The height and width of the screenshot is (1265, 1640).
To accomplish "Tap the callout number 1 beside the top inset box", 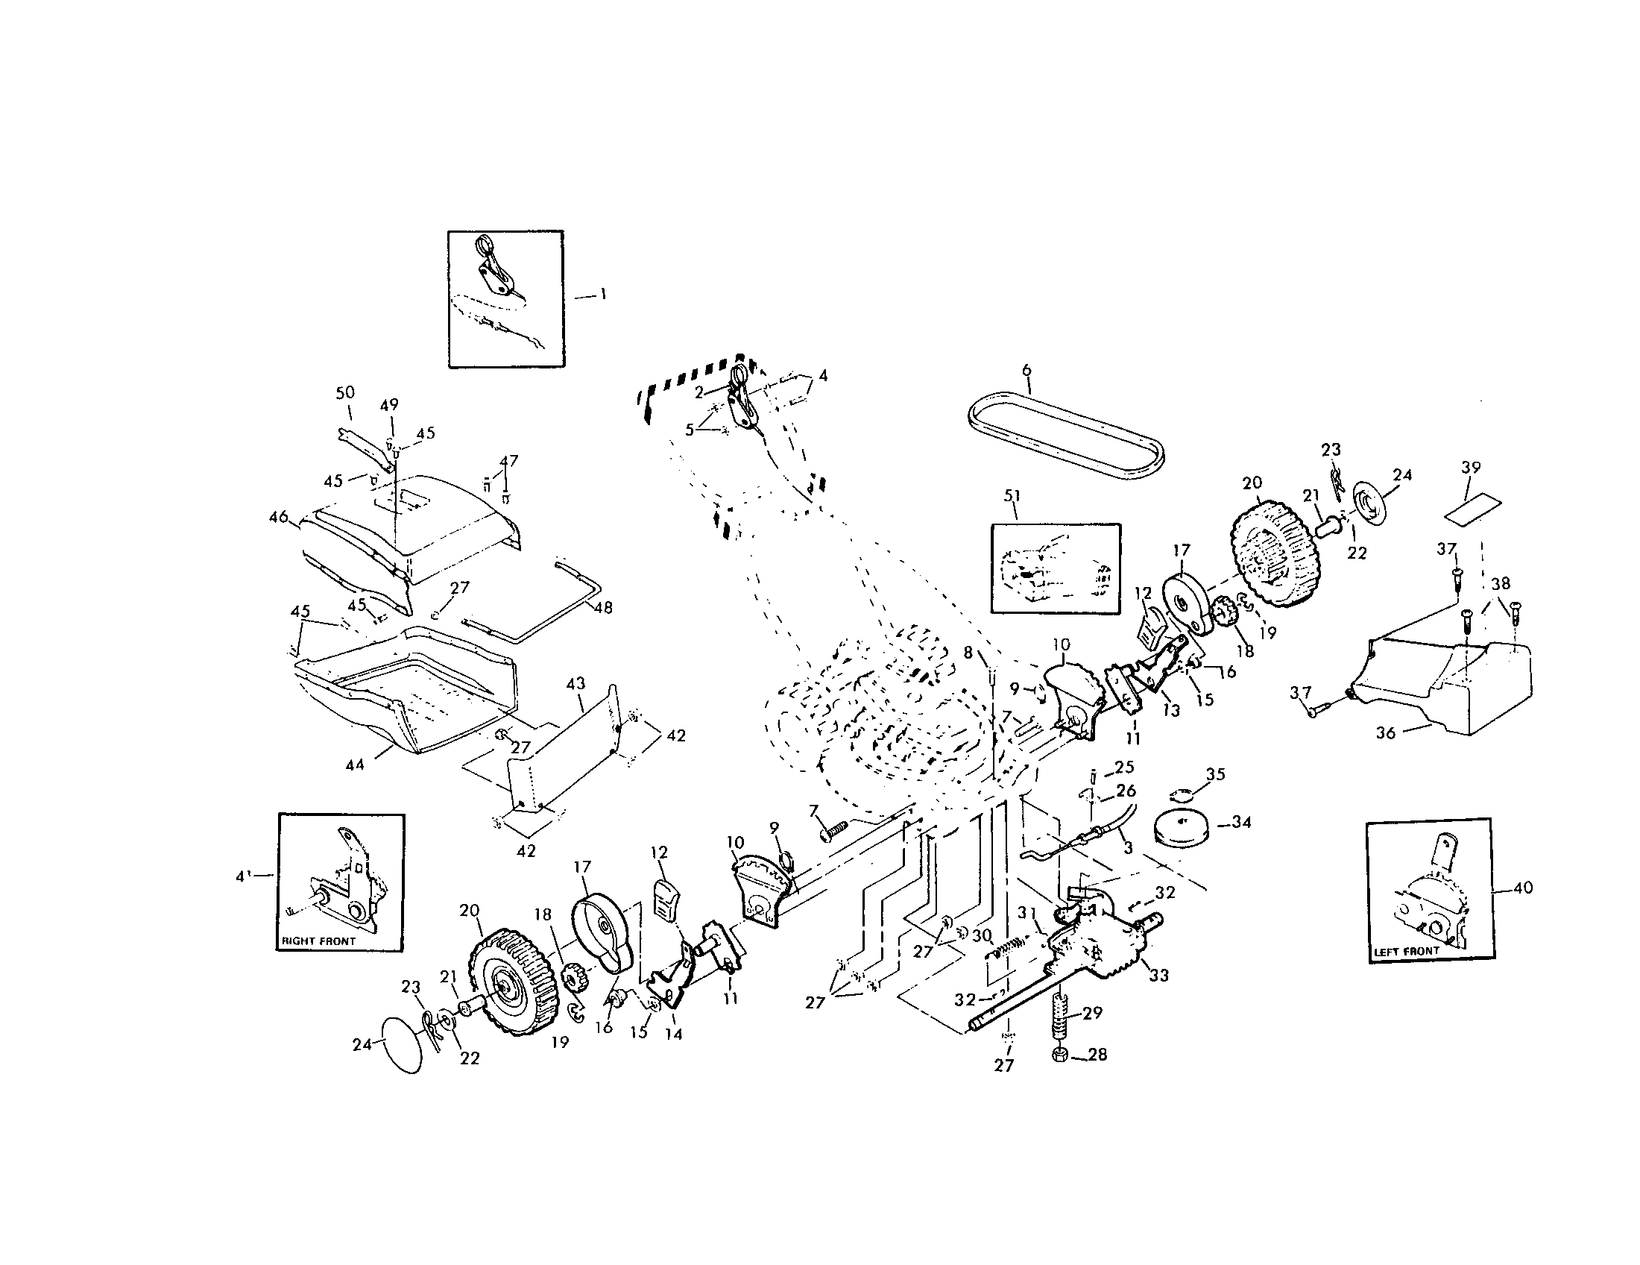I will (x=602, y=295).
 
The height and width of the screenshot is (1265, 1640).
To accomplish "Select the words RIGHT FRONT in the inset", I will (x=319, y=941).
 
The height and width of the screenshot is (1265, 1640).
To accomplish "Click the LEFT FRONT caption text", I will (x=1407, y=951).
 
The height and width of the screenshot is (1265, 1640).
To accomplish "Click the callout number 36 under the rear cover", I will (x=1386, y=732).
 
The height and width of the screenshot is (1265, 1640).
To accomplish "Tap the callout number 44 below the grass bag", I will (x=354, y=765).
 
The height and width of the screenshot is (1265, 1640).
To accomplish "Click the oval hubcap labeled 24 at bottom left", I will (x=403, y=1046).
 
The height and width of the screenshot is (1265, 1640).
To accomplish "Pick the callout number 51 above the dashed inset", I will (x=1012, y=496).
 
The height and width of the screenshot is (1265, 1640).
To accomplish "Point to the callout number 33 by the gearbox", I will (x=1159, y=976).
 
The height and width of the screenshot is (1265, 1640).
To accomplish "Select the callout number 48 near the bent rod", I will (x=603, y=607).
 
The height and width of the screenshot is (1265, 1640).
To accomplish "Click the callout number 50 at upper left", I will (x=344, y=392).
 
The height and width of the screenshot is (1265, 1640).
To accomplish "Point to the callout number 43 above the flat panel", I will (x=575, y=684).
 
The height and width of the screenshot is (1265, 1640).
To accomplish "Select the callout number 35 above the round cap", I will (x=1215, y=773).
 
